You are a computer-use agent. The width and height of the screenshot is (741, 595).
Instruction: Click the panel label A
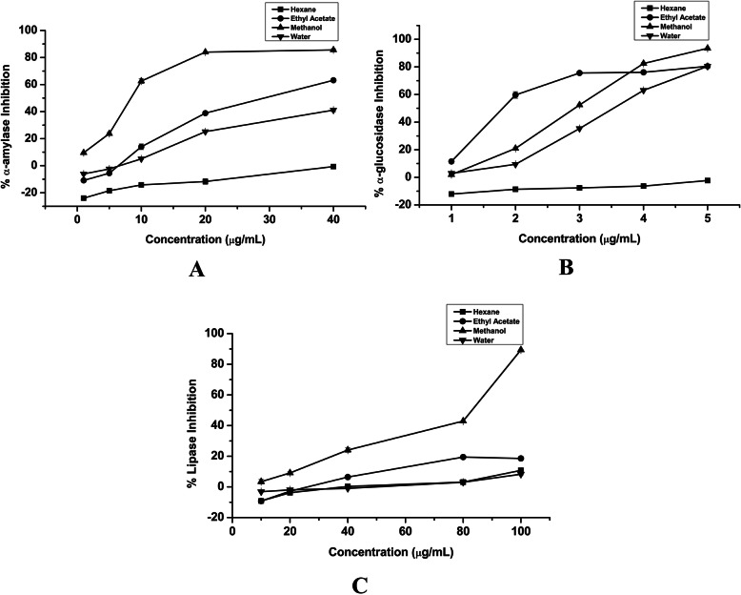pos(197,270)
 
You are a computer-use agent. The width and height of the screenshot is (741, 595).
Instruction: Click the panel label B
pos(565,268)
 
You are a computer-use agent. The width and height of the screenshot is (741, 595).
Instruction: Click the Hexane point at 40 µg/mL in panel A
pos(333,166)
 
